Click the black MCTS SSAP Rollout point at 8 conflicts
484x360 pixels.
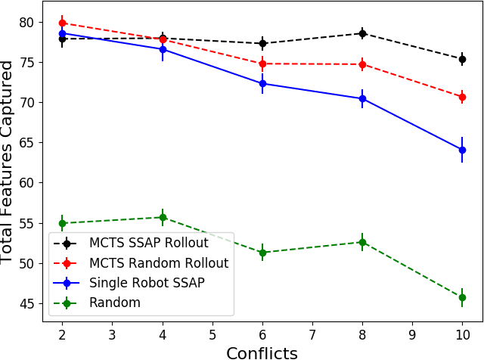click(362, 33)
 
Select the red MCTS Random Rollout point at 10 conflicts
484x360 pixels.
click(462, 97)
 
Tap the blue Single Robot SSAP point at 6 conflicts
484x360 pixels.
click(262, 83)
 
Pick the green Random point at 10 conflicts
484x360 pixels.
click(462, 297)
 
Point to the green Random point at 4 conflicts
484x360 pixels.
click(163, 217)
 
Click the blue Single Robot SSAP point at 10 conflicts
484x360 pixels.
click(462, 150)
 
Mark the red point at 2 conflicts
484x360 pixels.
click(63, 23)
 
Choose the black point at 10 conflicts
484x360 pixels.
click(462, 59)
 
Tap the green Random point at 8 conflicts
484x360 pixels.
click(362, 242)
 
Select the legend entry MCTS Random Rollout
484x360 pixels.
click(158, 263)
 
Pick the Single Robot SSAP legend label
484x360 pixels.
click(147, 283)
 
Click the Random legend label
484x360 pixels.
click(115, 303)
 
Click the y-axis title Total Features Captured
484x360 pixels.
click(8, 162)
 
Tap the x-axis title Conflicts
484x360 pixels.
click(262, 352)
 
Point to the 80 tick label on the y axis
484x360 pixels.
click(26, 22)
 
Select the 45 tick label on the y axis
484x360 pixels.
click(26, 303)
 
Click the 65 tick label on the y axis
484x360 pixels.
click(26, 142)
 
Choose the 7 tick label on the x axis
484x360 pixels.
click(312, 333)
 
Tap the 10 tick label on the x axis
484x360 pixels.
click(462, 333)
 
